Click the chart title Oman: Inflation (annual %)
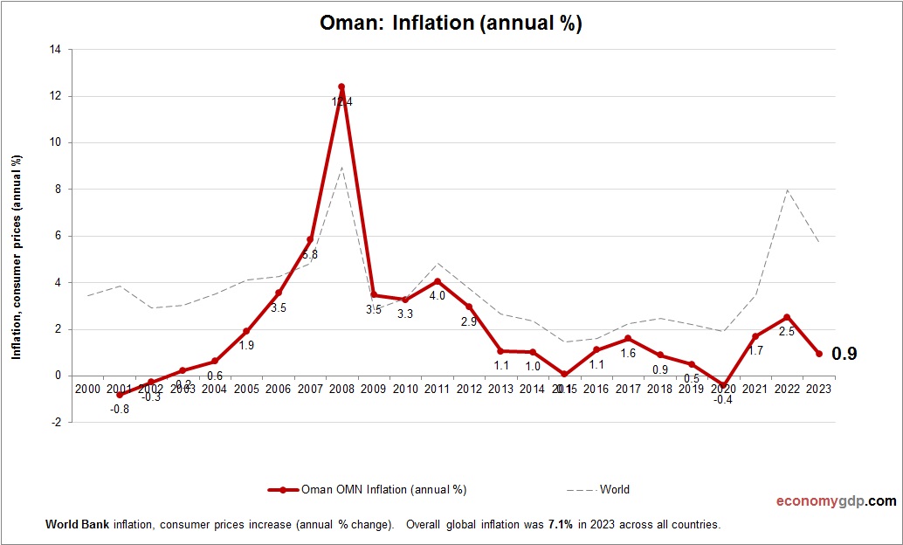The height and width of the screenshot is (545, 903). pyautogui.click(x=451, y=24)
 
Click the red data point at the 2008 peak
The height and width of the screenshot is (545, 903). pyautogui.click(x=341, y=86)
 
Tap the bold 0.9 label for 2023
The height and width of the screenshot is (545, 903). pyautogui.click(x=844, y=354)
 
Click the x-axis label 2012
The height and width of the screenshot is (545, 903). pyautogui.click(x=469, y=389)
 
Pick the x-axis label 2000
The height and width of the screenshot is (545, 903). pyautogui.click(x=87, y=389)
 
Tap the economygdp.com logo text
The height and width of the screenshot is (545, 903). pyautogui.click(x=836, y=501)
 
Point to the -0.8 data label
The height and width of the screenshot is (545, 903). pyautogui.click(x=119, y=410)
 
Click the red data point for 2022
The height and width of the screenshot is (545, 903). pyautogui.click(x=787, y=317)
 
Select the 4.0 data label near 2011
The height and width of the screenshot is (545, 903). pyautogui.click(x=437, y=296)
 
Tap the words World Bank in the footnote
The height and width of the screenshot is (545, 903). pyautogui.click(x=72, y=525)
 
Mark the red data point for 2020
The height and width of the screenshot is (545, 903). pyautogui.click(x=723, y=385)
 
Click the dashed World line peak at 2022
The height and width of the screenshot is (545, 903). pyautogui.click(x=787, y=190)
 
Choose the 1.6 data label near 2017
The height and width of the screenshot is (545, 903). pyautogui.click(x=628, y=353)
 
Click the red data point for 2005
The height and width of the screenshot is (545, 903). pyautogui.click(x=246, y=331)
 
